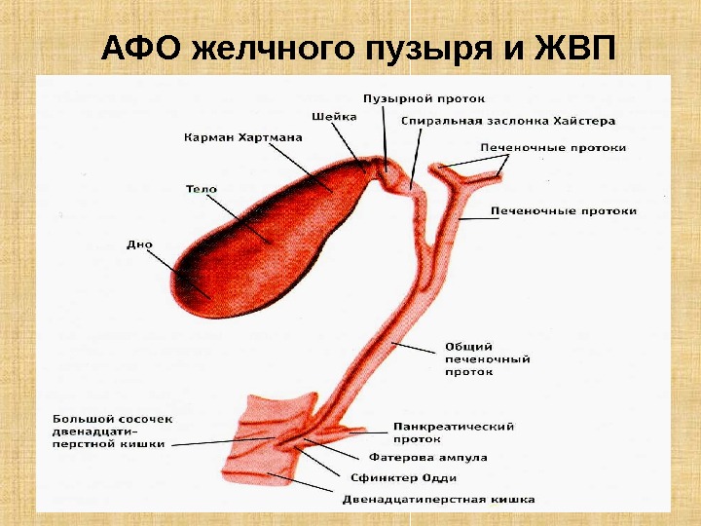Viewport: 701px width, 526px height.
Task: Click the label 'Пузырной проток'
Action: (424, 98)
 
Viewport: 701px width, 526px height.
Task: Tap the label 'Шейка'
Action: (334, 116)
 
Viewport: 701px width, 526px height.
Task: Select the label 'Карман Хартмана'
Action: (242, 138)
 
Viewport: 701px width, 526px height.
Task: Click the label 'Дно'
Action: (139, 244)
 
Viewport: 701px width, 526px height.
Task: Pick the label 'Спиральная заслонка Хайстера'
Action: (508, 122)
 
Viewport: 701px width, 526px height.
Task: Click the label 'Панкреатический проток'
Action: (453, 432)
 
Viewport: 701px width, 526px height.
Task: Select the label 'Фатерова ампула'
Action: (428, 457)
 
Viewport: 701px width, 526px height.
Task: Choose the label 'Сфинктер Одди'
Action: (403, 478)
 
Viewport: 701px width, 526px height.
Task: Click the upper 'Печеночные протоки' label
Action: (553, 148)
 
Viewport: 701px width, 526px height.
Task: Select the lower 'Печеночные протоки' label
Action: (564, 210)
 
